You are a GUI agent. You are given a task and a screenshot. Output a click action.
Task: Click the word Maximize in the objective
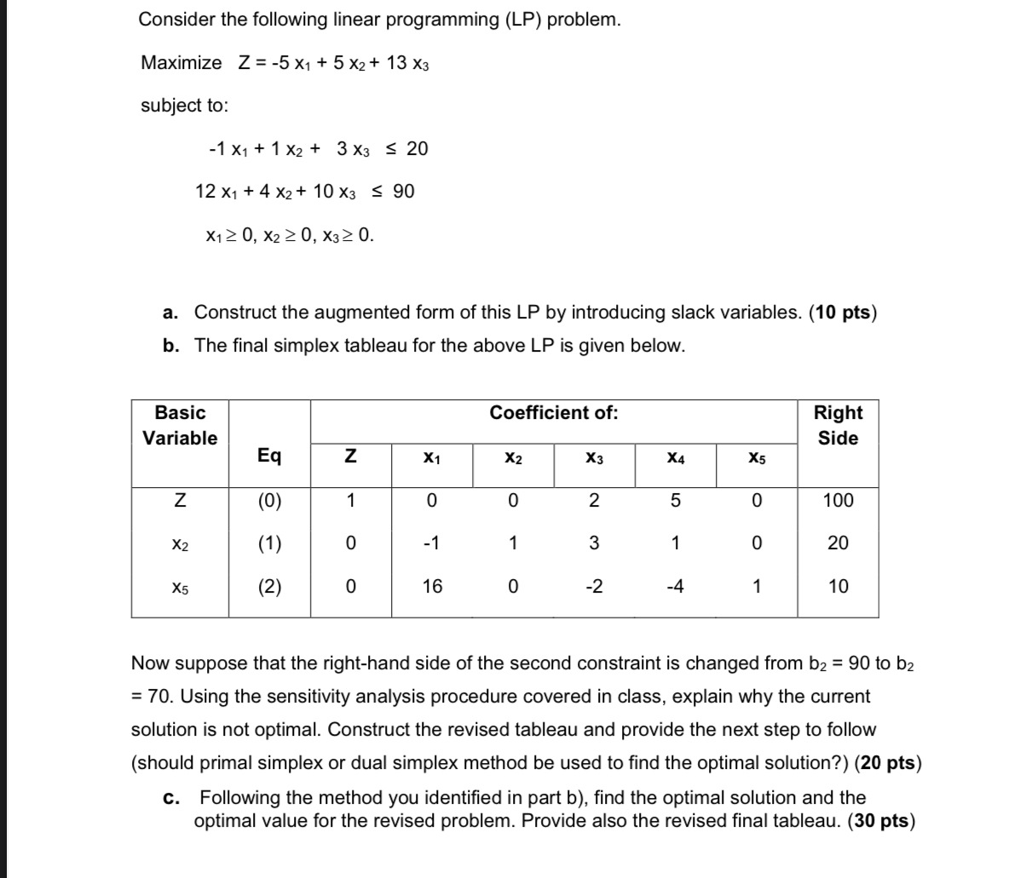(x=181, y=63)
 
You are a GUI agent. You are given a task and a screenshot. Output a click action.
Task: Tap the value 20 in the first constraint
(x=417, y=149)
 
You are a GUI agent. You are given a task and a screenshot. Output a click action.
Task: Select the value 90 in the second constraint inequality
(x=404, y=192)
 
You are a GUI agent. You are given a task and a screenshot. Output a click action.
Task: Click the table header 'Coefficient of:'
(x=553, y=413)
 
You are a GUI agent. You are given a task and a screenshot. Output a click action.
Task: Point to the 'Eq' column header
(x=269, y=456)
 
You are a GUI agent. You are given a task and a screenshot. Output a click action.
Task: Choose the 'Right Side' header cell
(x=838, y=426)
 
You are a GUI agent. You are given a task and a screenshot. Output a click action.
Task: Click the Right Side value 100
(x=838, y=500)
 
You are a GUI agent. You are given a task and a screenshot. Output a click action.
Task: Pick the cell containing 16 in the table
(x=432, y=586)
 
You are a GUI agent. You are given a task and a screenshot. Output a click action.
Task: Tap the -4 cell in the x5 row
(x=674, y=586)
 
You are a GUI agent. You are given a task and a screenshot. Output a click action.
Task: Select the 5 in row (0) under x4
(x=674, y=500)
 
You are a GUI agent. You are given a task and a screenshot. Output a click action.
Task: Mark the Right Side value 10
(x=838, y=586)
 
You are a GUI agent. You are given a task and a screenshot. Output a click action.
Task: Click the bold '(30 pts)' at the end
(x=882, y=821)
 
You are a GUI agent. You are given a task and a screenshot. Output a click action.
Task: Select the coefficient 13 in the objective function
(x=396, y=63)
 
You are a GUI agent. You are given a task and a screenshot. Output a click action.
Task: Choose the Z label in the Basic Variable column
(x=179, y=500)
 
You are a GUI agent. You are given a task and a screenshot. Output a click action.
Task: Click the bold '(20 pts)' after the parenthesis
(x=887, y=762)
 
